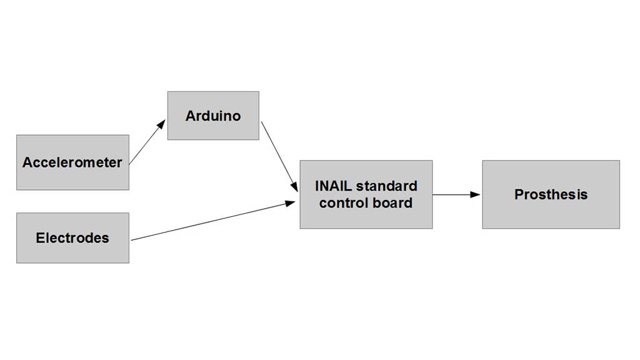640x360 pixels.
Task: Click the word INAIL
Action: [x=334, y=186]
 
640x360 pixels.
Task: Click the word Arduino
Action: [x=213, y=116]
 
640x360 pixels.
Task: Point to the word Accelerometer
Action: [x=72, y=162]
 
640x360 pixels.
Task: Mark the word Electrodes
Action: [x=72, y=237]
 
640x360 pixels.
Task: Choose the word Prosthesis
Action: [x=551, y=194]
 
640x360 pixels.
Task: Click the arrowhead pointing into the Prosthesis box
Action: [x=476, y=194]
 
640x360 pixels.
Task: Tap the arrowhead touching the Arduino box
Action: [x=161, y=124]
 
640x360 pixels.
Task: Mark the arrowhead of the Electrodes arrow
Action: [x=291, y=202]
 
